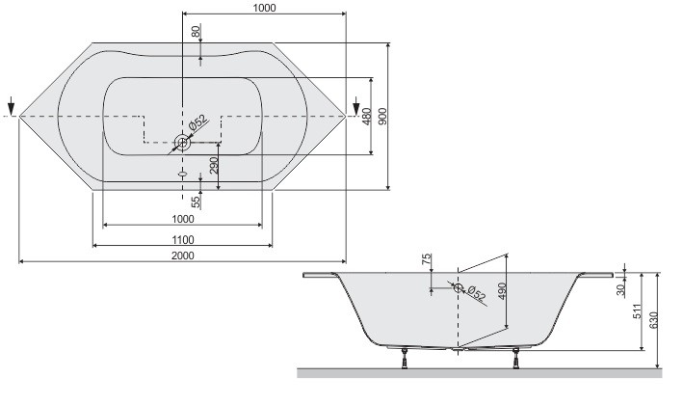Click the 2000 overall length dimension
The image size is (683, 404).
click(183, 255)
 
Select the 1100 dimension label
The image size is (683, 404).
click(183, 239)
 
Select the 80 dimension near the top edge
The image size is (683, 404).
click(197, 31)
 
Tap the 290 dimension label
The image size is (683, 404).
click(214, 165)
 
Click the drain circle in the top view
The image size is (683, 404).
click(182, 143)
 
